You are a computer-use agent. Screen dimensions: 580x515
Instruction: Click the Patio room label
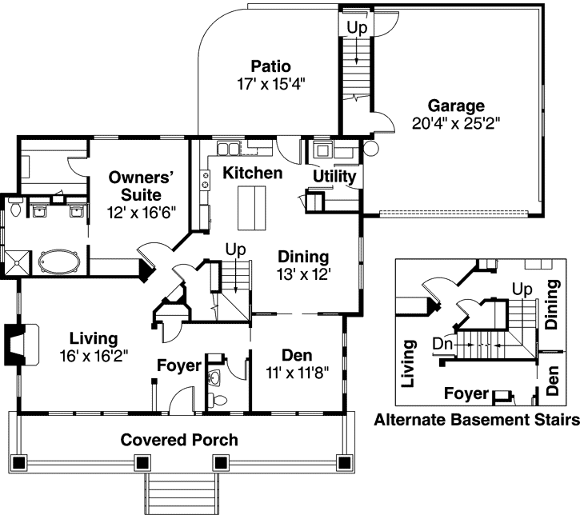[x=270, y=66]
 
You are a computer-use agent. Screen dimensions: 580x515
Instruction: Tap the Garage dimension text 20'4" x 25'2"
[x=456, y=123]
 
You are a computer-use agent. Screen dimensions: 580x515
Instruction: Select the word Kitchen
[x=253, y=173]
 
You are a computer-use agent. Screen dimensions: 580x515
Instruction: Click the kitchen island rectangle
[x=251, y=208]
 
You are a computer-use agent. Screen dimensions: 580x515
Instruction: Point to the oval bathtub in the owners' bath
[x=59, y=262]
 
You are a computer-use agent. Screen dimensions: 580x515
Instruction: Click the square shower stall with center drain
[x=17, y=263]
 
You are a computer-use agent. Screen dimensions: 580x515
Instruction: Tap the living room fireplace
[x=22, y=345]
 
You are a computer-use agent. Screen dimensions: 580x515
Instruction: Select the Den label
[x=297, y=355]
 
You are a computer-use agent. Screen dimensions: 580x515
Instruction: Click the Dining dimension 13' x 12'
[x=304, y=274]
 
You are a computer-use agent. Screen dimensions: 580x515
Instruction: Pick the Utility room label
[x=334, y=177]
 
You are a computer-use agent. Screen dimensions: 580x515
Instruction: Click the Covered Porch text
[x=179, y=440]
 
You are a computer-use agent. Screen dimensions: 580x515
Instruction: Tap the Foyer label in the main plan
[x=179, y=365]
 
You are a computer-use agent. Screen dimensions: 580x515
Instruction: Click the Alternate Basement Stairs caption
[x=477, y=420]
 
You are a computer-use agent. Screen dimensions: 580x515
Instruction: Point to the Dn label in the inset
[x=442, y=344]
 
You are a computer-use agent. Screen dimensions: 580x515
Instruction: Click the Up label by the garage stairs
[x=357, y=27]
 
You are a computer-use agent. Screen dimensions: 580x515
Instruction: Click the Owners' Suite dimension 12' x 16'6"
[x=142, y=213]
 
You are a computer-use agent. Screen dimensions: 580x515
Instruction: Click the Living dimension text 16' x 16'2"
[x=94, y=356]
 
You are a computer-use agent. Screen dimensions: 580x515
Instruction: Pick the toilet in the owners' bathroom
[x=16, y=207]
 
